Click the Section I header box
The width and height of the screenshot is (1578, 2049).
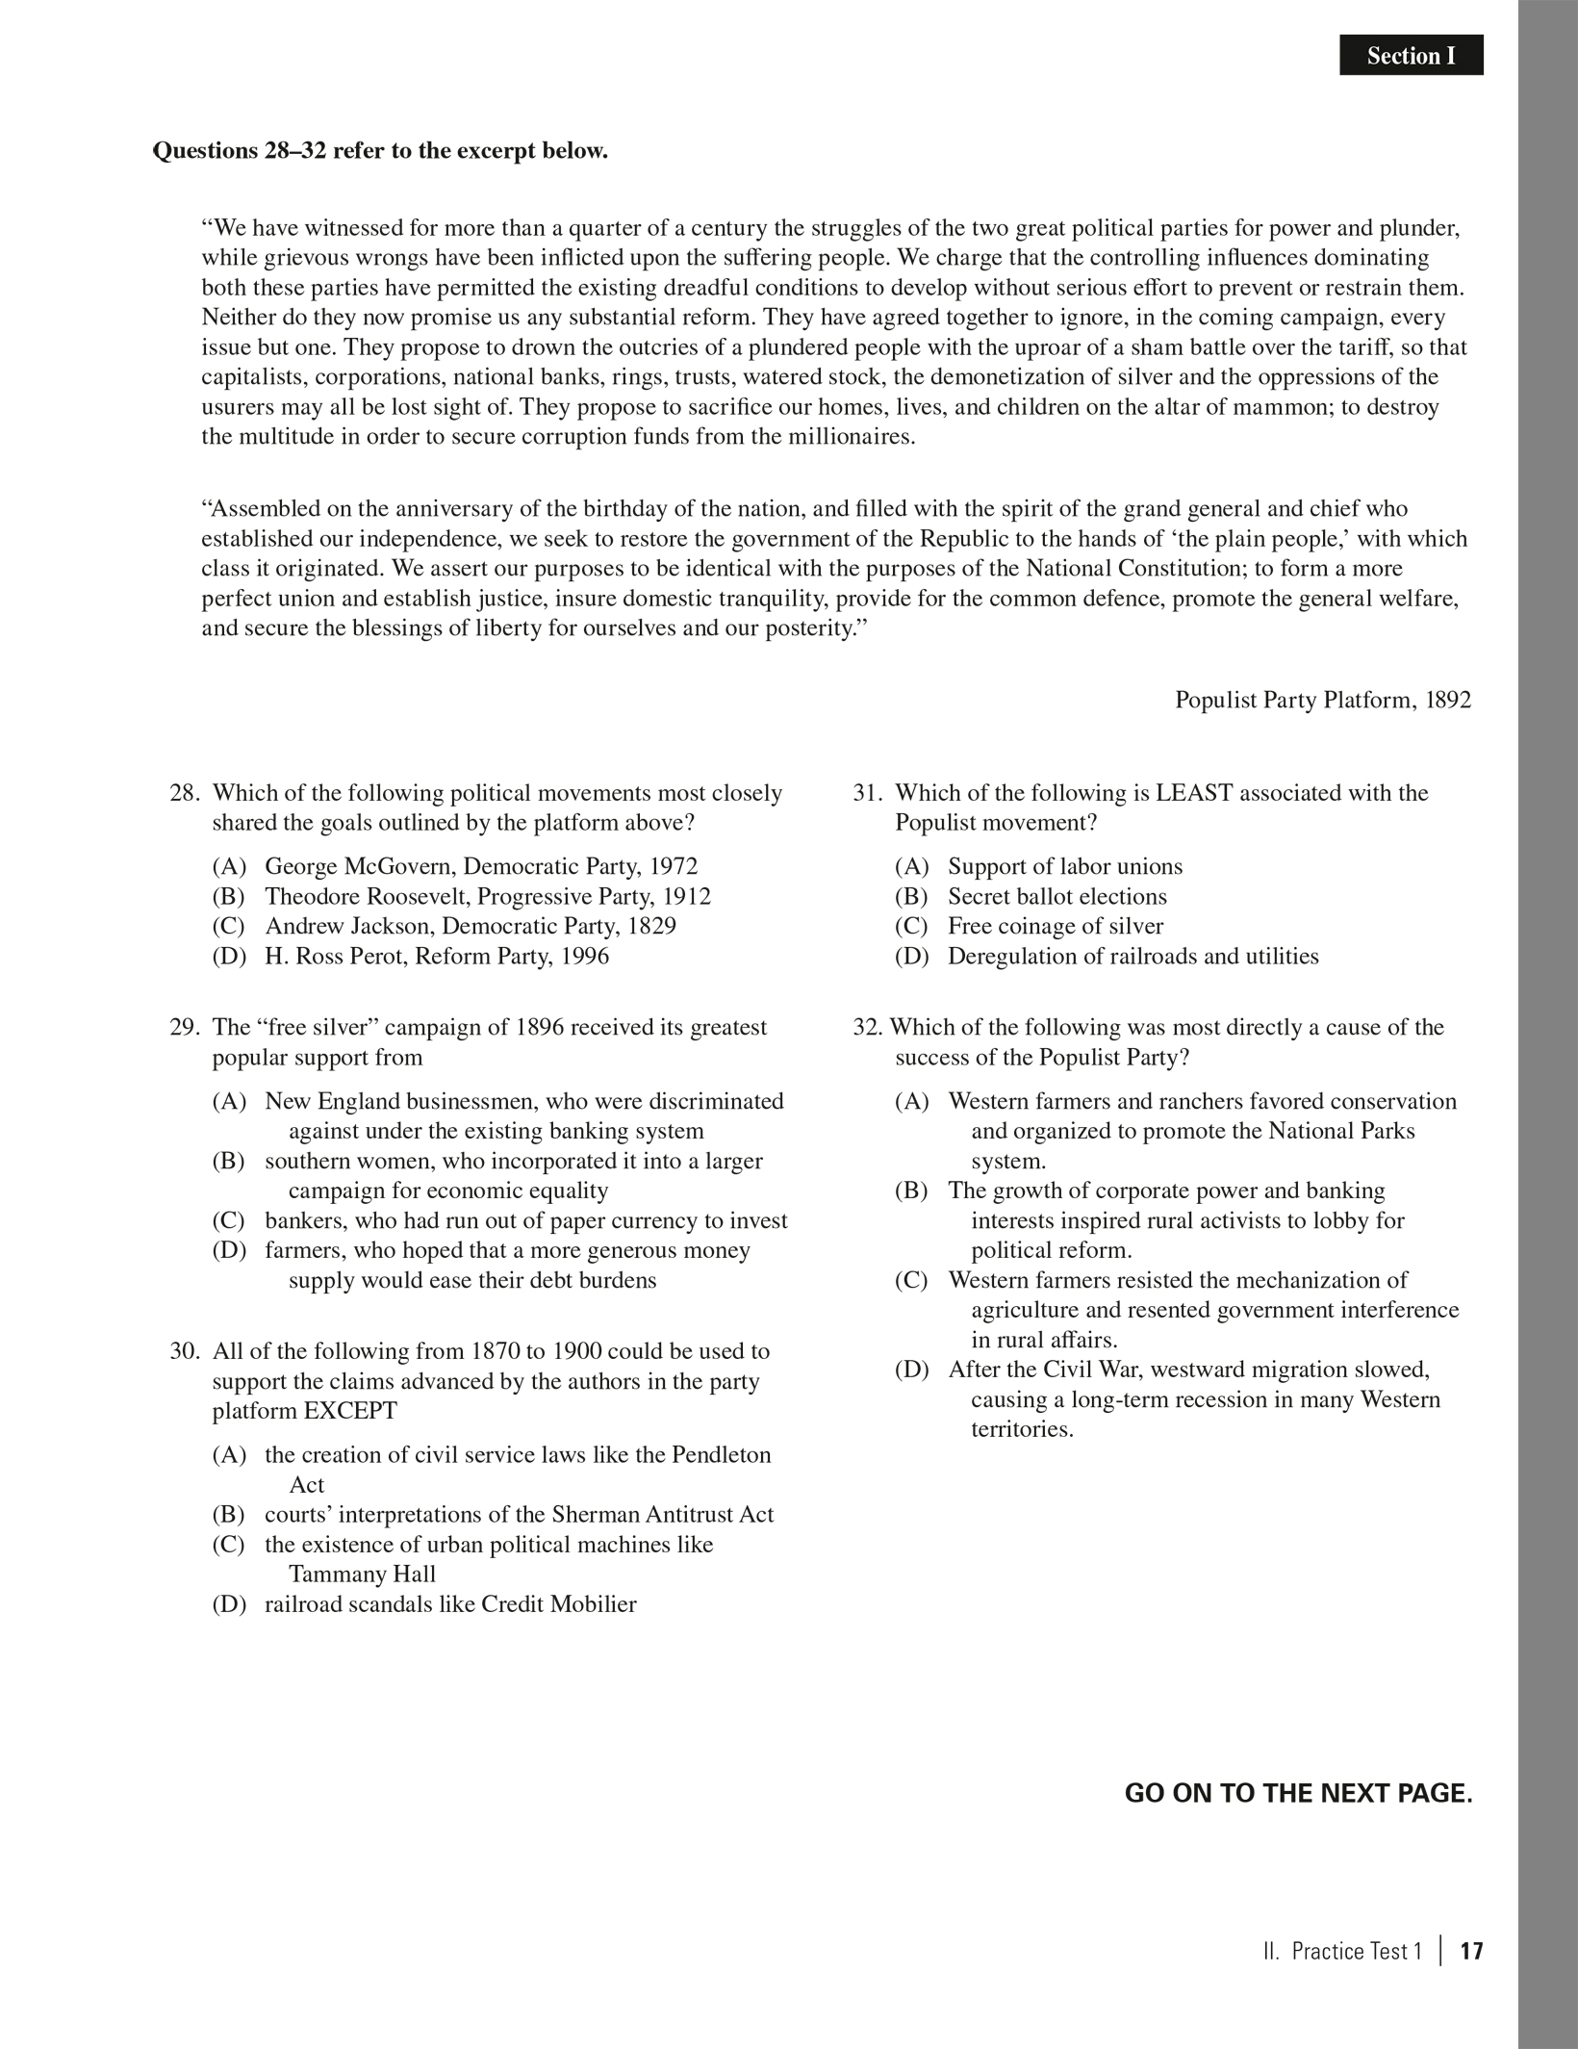[1411, 56]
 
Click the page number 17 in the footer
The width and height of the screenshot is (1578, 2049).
[1471, 1951]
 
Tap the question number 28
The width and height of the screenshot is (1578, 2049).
[184, 793]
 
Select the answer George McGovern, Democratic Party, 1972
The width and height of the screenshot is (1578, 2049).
[481, 866]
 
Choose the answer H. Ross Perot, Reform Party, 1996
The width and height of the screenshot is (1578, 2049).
[437, 956]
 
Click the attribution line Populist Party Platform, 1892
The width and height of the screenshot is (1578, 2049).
[1322, 700]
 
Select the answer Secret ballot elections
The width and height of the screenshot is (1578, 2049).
[1056, 896]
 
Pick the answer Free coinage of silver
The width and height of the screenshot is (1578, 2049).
[1055, 926]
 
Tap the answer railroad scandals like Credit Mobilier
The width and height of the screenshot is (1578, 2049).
[450, 1604]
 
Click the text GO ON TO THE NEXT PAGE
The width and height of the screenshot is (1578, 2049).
[1298, 1794]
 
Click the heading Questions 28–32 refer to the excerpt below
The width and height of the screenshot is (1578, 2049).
[380, 151]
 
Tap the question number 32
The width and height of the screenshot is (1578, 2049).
[867, 1027]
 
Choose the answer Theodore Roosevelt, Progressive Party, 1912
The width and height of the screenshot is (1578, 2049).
[488, 896]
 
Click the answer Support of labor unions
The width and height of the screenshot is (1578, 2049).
[1064, 866]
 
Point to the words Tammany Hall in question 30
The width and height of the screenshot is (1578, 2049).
[362, 1575]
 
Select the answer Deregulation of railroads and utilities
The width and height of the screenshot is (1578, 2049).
[1133, 956]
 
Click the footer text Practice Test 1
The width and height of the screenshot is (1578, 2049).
[1356, 1951]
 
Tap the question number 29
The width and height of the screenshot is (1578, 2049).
[184, 1027]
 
